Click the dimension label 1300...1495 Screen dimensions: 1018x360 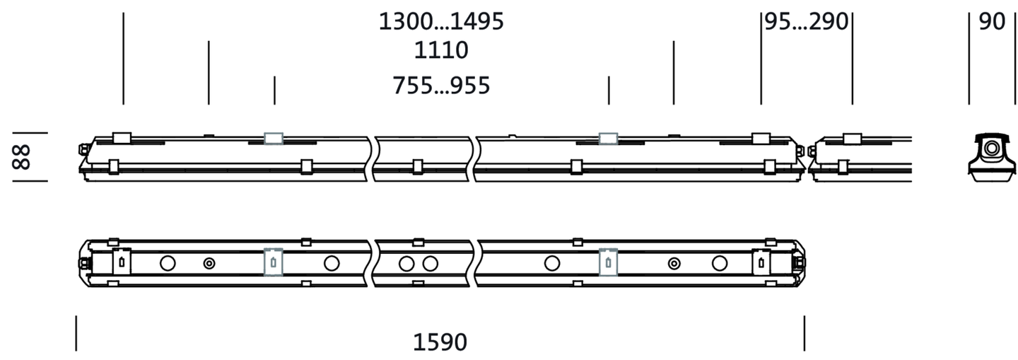click(x=441, y=21)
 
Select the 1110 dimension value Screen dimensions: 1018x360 click(x=441, y=50)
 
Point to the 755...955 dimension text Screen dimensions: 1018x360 click(x=441, y=86)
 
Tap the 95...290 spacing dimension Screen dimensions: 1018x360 click(x=807, y=21)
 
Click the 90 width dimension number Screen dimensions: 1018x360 click(x=992, y=21)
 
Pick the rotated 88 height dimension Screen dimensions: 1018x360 click(x=21, y=157)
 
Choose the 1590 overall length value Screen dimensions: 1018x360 click(x=440, y=342)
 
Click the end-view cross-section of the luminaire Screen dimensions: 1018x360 click(x=992, y=157)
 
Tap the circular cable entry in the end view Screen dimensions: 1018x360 click(x=992, y=149)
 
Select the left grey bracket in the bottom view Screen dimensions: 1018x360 click(x=273, y=262)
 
